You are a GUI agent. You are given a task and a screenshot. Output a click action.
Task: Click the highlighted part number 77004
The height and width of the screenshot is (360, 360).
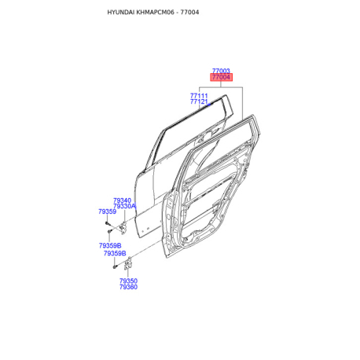[221, 77]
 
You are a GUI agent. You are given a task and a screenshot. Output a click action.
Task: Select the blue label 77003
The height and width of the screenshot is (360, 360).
[221, 71]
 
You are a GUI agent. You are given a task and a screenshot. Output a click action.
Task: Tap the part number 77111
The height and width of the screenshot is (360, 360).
[199, 96]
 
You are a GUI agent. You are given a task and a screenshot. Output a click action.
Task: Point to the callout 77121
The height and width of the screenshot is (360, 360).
[199, 101]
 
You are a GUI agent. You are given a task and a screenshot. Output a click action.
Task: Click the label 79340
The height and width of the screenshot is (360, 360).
[122, 200]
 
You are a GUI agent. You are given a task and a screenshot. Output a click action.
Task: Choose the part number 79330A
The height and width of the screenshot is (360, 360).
[124, 207]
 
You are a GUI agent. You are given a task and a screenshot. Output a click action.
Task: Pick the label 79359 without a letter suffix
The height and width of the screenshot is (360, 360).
[107, 211]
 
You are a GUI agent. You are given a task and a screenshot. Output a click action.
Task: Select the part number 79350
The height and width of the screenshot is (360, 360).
[128, 281]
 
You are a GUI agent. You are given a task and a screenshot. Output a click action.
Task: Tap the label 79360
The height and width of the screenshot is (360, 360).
[128, 287]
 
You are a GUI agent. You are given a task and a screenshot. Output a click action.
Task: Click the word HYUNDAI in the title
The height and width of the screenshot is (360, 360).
[121, 13]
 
